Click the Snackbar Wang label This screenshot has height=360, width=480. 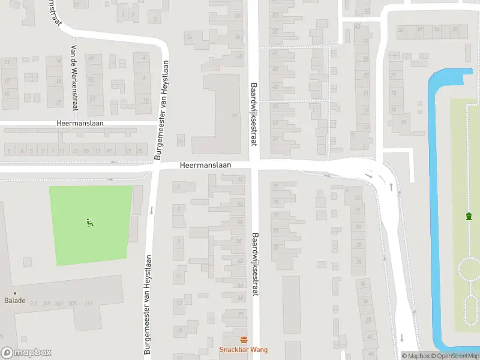pyautogui.click(x=243, y=350)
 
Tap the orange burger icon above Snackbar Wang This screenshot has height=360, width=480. pyautogui.click(x=243, y=340)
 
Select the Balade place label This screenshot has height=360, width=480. pyautogui.click(x=15, y=301)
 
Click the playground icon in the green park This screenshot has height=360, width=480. pyautogui.click(x=90, y=223)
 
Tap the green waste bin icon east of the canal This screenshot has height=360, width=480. pyautogui.click(x=468, y=216)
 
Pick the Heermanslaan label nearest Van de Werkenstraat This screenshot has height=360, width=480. pyautogui.click(x=80, y=122)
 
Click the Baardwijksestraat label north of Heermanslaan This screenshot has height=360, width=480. pyautogui.click(x=253, y=115)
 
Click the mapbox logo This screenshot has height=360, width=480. pyautogui.click(x=26, y=352)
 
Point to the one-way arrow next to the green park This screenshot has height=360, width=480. pyautogui.click(x=151, y=210)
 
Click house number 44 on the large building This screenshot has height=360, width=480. pyautogui.click(x=235, y=115)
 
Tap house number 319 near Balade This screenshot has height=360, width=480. pyautogui.click(x=89, y=303)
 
